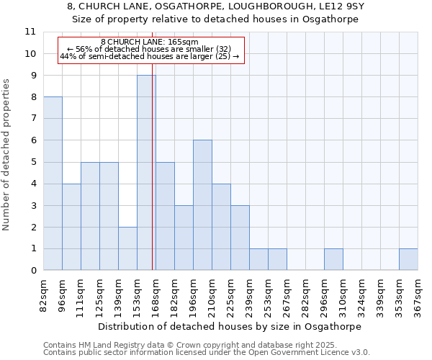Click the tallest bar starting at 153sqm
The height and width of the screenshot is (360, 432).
tap(146, 173)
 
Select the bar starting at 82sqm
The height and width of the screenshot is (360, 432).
tap(53, 184)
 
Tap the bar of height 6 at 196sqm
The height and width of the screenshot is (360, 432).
tap(202, 205)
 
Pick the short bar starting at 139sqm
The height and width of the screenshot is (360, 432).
tap(127, 248)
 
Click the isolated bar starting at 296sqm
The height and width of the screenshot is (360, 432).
tap(333, 259)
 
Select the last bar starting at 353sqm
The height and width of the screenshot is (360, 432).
tap(408, 259)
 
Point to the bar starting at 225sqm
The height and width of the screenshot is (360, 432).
tap(240, 238)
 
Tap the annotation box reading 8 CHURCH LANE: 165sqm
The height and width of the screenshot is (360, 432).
tap(150, 50)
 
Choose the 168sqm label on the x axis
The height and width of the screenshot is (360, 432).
tap(156, 293)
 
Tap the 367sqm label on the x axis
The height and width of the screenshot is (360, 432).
tap(418, 293)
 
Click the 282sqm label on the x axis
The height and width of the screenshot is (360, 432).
tap(305, 293)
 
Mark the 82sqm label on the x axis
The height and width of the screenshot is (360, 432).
tap(43, 293)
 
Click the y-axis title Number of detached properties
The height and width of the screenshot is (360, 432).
tap(7, 156)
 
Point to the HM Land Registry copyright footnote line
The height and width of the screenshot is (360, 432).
tap(184, 345)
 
